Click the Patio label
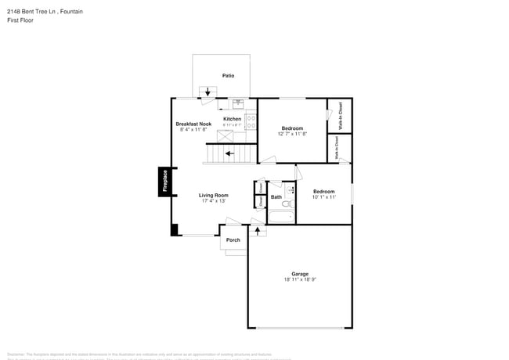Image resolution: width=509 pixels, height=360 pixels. (228, 76)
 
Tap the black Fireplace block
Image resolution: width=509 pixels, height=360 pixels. (165, 182)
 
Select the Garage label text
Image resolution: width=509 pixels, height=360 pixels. (301, 274)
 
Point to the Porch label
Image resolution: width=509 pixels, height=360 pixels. (233, 239)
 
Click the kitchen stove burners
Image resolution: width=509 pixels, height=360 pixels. (251, 121)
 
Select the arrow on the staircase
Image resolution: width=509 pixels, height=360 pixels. (229, 153)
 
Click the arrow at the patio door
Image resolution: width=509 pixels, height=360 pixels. (208, 93)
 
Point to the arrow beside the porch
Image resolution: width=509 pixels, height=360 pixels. (257, 232)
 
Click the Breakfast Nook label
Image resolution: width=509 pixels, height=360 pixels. (193, 124)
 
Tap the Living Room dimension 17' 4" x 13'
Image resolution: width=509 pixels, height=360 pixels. (213, 201)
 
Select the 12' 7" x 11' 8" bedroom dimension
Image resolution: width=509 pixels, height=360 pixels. (292, 134)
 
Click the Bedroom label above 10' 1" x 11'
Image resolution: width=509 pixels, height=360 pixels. (324, 191)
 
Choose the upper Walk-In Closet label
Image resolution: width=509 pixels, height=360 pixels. (341, 115)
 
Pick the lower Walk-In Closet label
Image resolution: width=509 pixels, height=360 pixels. (338, 148)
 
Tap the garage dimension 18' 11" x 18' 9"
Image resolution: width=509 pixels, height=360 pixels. (301, 279)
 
